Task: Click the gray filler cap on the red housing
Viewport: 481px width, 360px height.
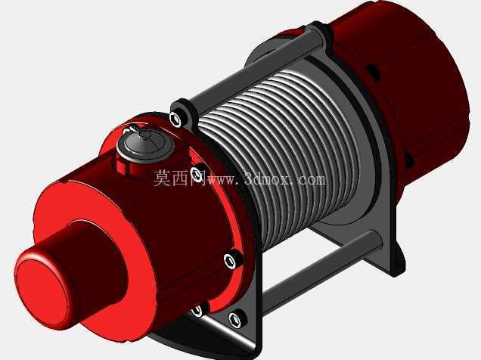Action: coord(145,144)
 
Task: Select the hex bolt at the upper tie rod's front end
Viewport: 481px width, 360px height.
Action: coord(175,119)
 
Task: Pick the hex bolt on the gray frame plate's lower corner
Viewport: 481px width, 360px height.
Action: coord(237,319)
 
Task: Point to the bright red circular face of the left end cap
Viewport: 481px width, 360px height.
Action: coord(42,291)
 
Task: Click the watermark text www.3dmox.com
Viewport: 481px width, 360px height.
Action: coord(266,179)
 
